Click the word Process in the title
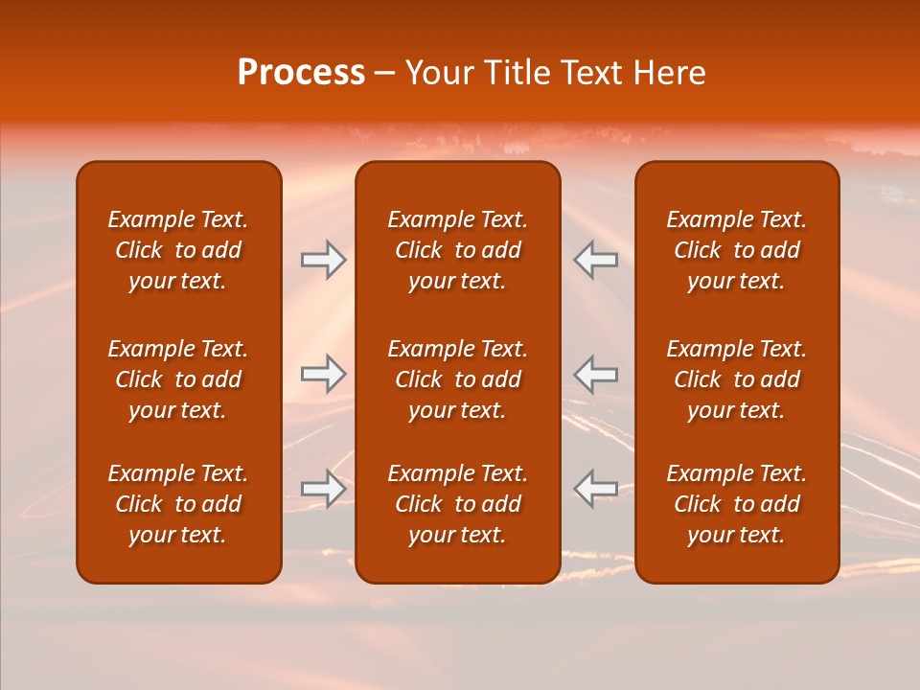tap(301, 73)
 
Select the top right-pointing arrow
tap(324, 260)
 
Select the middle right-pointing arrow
tap(324, 374)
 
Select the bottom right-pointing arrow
tap(324, 488)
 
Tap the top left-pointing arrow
tap(595, 260)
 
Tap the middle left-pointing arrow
tap(595, 374)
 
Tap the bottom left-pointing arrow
tap(595, 488)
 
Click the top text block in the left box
tap(178, 250)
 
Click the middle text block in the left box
tap(178, 379)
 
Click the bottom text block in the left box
tap(178, 504)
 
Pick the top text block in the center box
tap(458, 250)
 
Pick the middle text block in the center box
tap(458, 379)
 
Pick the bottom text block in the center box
tap(458, 504)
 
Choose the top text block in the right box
tap(737, 250)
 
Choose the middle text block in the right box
tap(737, 379)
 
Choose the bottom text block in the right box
tap(737, 504)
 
